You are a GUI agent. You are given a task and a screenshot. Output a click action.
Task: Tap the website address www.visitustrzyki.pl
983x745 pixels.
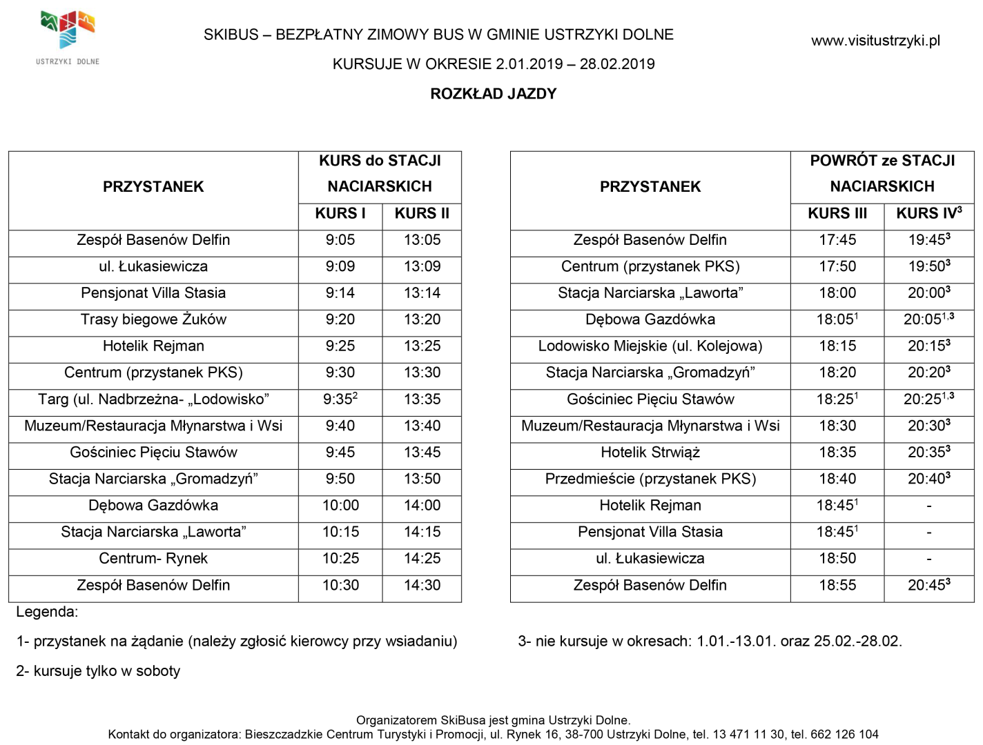tap(875, 41)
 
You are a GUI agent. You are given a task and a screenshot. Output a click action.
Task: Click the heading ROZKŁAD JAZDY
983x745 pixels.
tap(493, 94)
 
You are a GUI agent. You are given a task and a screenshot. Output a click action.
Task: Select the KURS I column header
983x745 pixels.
tap(340, 214)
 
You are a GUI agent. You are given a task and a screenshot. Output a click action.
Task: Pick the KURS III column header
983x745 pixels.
tap(837, 214)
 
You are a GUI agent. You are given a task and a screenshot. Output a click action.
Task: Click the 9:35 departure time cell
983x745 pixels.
tap(340, 399)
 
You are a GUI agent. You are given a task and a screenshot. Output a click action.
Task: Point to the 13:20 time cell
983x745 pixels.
tap(422, 320)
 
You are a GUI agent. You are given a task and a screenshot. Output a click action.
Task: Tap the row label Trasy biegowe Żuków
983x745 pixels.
tap(153, 320)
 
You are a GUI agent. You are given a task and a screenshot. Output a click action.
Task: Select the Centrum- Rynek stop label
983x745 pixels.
tap(153, 559)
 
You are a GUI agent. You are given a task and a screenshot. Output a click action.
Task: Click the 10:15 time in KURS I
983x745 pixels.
tap(340, 533)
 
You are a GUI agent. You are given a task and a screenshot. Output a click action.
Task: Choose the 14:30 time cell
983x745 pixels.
tap(422, 586)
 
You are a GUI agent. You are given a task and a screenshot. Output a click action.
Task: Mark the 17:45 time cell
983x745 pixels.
tap(837, 240)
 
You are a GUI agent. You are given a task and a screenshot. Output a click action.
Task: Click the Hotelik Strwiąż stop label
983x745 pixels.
tap(650, 453)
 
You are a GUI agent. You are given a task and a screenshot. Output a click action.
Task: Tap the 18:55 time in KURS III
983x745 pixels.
tap(837, 586)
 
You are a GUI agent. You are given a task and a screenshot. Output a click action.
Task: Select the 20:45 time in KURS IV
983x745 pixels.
tap(928, 586)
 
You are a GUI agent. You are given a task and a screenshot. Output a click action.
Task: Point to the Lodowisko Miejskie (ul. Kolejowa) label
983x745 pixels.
tap(650, 346)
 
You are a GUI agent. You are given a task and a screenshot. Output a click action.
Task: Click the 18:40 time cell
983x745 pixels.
tap(837, 479)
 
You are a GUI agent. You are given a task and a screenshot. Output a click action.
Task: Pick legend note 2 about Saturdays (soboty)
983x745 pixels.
tap(98, 671)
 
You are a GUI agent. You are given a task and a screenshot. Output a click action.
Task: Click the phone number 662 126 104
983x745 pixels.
tap(839, 735)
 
